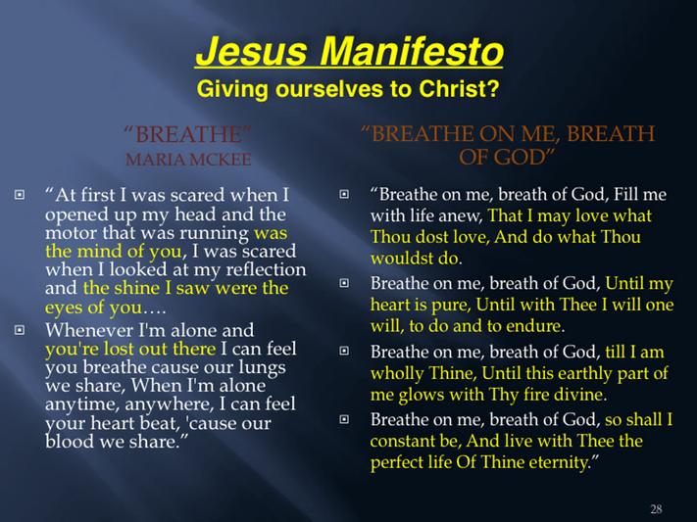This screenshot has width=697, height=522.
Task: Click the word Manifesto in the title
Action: pyautogui.click(x=412, y=51)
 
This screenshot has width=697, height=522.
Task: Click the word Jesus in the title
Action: pyautogui.click(x=252, y=51)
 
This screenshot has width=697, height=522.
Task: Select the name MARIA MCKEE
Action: pyautogui.click(x=188, y=160)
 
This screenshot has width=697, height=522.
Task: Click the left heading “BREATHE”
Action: pyautogui.click(x=187, y=134)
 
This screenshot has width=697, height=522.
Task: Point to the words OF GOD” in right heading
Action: pyautogui.click(x=507, y=158)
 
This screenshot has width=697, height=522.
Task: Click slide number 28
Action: pyautogui.click(x=656, y=508)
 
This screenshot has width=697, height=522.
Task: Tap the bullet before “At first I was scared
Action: pyautogui.click(x=20, y=195)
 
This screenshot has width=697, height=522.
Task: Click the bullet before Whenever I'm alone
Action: pyautogui.click(x=20, y=330)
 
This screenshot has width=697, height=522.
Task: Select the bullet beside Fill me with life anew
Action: pyautogui.click(x=344, y=194)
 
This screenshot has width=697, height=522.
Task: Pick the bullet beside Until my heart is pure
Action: pyautogui.click(x=344, y=283)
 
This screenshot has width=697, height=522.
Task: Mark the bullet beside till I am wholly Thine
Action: pyautogui.click(x=344, y=351)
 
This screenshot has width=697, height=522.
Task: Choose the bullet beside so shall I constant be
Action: pyautogui.click(x=344, y=419)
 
